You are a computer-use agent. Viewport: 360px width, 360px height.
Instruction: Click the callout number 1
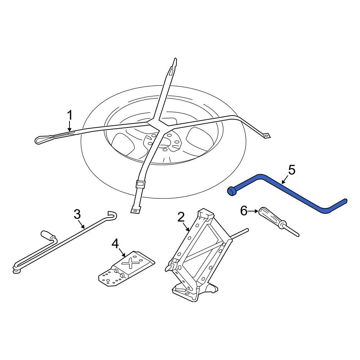tap(70, 116)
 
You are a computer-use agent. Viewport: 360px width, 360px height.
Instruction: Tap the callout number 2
tap(181, 217)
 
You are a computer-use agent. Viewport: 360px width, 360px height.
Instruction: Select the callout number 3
tap(77, 214)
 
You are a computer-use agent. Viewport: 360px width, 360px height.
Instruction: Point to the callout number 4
tap(115, 244)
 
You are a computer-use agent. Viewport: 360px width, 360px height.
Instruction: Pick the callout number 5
tap(292, 170)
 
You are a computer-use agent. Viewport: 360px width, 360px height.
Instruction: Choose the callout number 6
tap(244, 211)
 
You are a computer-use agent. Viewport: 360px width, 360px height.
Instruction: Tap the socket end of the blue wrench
tap(231, 192)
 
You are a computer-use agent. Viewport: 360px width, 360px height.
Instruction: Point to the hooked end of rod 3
tap(113, 216)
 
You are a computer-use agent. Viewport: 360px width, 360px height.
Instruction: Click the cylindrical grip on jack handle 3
tap(48, 235)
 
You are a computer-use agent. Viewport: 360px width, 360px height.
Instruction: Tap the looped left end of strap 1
tap(41, 139)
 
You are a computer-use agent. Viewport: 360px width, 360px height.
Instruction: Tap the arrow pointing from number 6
tap(253, 211)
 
